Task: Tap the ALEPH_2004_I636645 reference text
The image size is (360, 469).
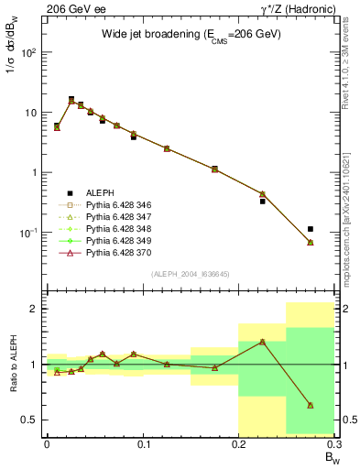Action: click(x=191, y=274)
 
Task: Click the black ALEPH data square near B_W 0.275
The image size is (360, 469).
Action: click(x=311, y=229)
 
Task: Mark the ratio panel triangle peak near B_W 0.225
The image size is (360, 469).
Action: click(x=262, y=342)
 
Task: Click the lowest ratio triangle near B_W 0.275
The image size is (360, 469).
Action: click(x=311, y=405)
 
